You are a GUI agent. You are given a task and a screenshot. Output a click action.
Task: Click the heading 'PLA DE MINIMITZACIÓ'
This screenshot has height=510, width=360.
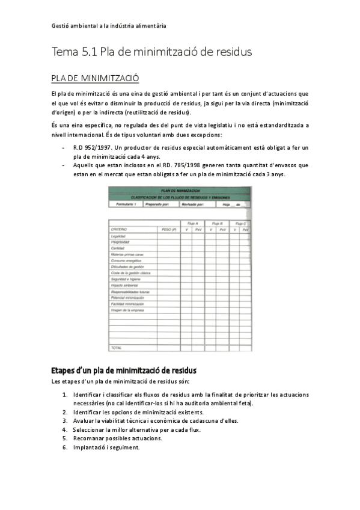96,78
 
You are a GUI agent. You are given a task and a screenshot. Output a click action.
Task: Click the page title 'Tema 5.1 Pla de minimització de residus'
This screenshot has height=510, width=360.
151,52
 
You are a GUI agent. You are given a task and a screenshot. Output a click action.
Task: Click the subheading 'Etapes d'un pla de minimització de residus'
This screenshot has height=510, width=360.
124,369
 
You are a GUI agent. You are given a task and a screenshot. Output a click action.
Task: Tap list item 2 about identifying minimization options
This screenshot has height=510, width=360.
138,412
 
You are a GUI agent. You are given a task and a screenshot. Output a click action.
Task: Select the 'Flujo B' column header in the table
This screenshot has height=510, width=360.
217,223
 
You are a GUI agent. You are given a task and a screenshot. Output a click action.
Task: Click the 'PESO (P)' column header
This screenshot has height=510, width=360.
168,230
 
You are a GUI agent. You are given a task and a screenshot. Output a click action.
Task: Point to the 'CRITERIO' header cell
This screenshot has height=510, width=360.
119,230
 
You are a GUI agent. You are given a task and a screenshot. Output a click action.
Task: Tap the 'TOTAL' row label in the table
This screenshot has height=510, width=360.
116,348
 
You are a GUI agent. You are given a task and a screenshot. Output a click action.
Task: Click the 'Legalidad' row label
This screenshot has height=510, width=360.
118,236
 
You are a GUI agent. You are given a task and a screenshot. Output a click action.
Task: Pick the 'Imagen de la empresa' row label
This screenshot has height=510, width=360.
127,309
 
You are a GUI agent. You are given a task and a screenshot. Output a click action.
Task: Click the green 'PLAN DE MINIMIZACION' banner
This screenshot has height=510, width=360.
179,190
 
